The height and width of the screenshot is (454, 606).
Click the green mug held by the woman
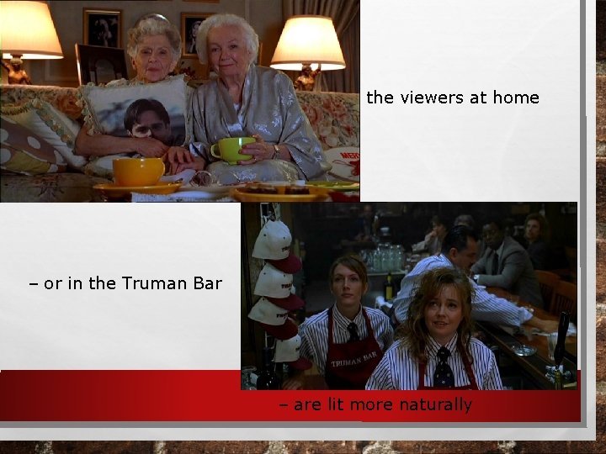coord(232,150)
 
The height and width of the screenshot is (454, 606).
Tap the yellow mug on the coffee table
coord(137,171)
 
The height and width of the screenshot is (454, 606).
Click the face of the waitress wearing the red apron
coord(350,287)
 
